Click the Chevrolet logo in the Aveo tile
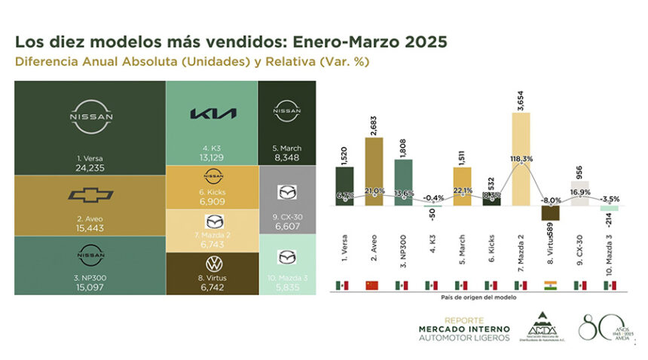90,197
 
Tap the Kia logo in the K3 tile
212,114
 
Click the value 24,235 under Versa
90,168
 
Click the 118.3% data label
519,159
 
